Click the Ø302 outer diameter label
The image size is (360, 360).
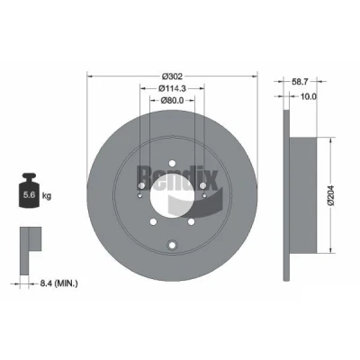pos(172,76)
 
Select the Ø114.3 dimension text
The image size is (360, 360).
pos(173,88)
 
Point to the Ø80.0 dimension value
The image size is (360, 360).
pos(172,100)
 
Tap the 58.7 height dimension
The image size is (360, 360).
pos(300,81)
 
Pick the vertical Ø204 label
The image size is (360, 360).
pos(331,195)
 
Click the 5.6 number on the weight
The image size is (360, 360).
pos(30,195)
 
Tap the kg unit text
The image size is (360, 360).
pos(47,196)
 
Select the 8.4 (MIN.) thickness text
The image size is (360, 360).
pos(58,283)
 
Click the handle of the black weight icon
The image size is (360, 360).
pos(29,176)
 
